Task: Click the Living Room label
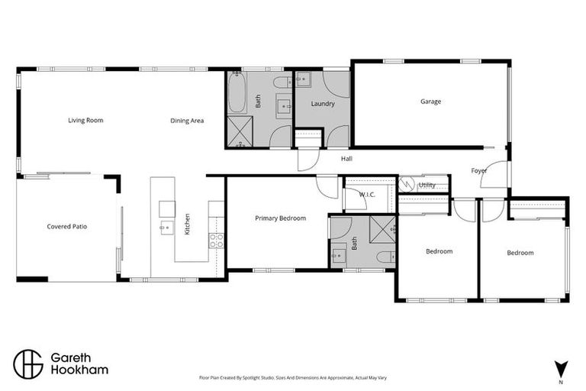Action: [85, 120]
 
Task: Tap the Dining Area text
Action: [187, 120]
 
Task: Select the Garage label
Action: [430, 102]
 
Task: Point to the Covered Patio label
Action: [67, 226]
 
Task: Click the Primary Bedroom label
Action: [280, 218]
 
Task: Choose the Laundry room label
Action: [323, 104]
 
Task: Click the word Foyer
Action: [479, 171]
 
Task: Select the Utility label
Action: [427, 185]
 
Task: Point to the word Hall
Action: [346, 159]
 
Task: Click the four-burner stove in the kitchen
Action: [216, 240]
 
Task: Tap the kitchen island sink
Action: [166, 227]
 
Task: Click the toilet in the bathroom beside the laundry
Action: [281, 82]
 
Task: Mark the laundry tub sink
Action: [301, 79]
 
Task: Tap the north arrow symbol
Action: [561, 367]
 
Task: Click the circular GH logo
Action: [29, 364]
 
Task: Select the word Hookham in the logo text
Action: [79, 370]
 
